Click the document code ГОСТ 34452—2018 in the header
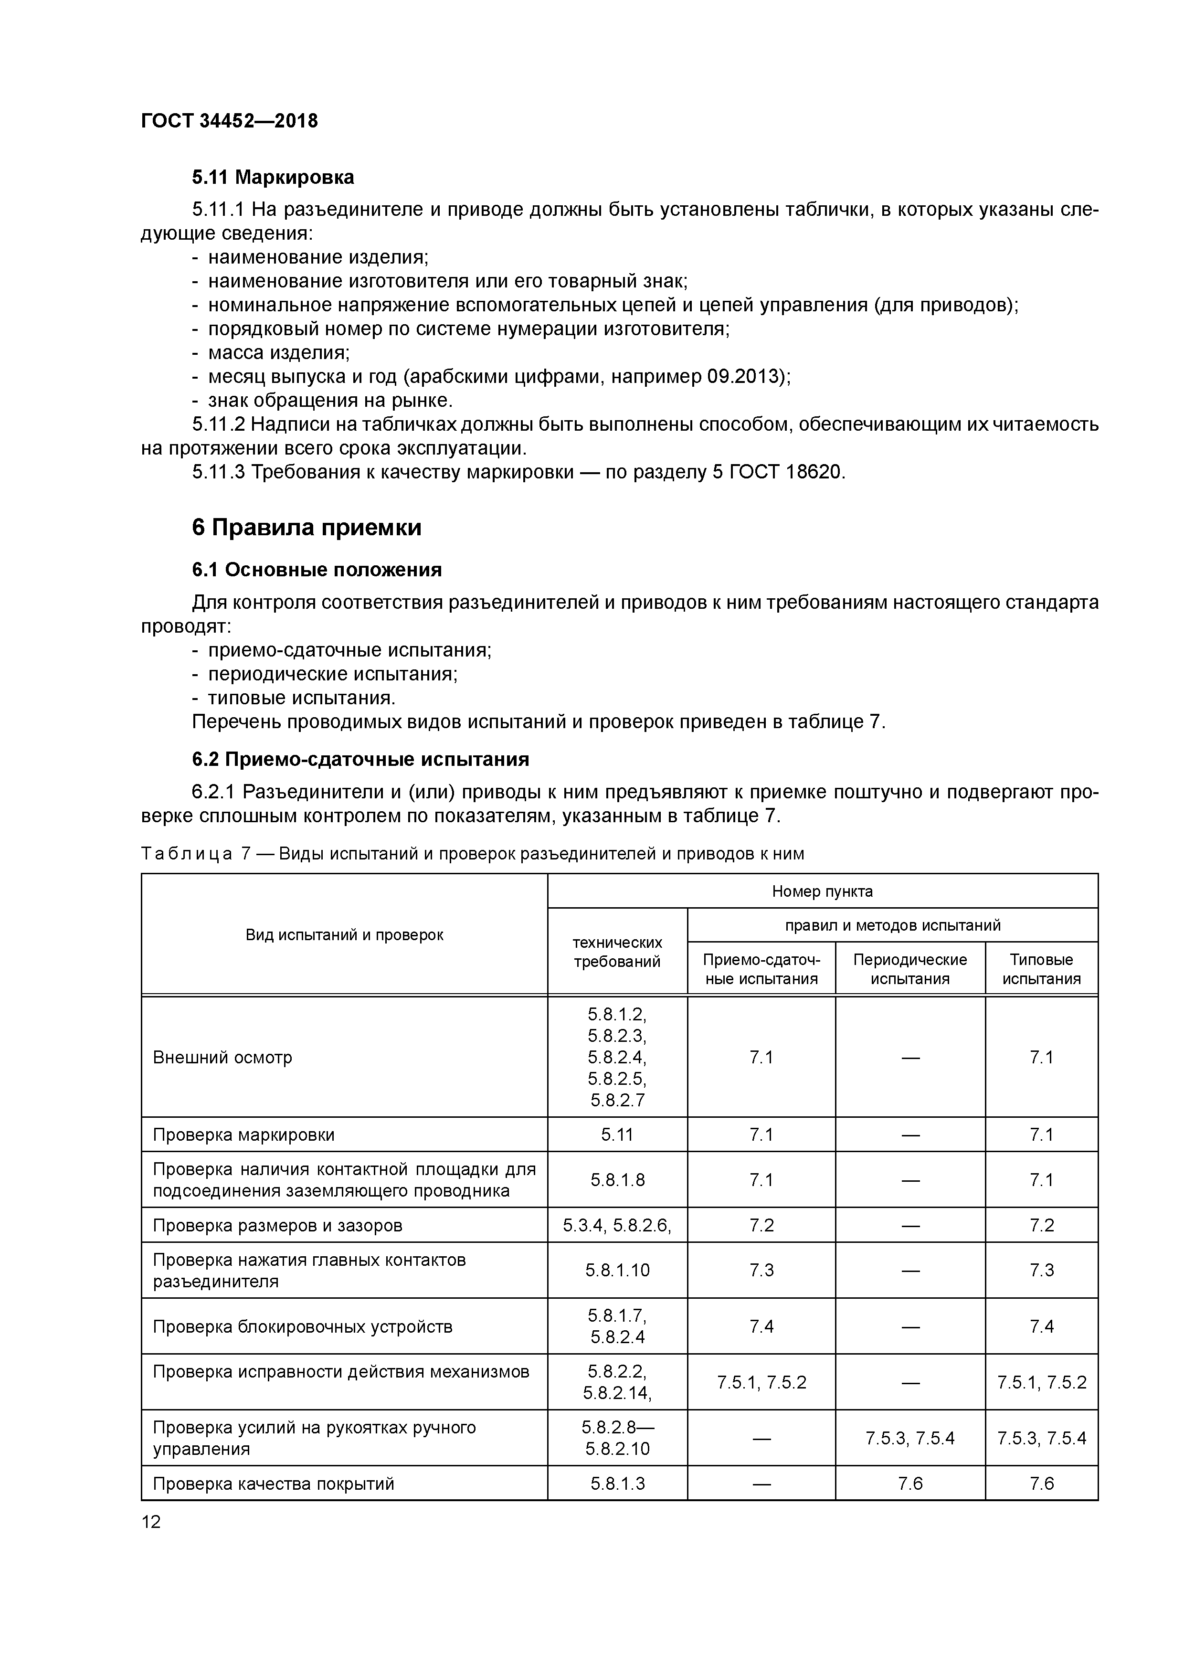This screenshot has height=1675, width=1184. pos(229,120)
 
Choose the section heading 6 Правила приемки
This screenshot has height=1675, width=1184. pos(307,528)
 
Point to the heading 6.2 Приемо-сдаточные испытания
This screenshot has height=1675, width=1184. pos(360,760)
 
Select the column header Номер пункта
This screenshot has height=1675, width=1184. pos(822,891)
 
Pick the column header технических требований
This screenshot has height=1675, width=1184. pos(617,952)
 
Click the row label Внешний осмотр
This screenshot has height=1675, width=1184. pos(222,1057)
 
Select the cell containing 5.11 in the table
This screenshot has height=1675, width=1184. pos(617,1134)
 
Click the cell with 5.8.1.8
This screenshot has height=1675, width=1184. pos(617,1180)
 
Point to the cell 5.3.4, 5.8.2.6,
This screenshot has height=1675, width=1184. pos(617,1225)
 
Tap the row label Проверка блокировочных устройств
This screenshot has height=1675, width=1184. pos(303,1326)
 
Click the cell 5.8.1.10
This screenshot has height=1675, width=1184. pos(617,1270)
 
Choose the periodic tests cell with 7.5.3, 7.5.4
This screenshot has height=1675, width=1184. pos(909,1438)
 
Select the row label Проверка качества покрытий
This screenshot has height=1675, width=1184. pos(274,1483)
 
